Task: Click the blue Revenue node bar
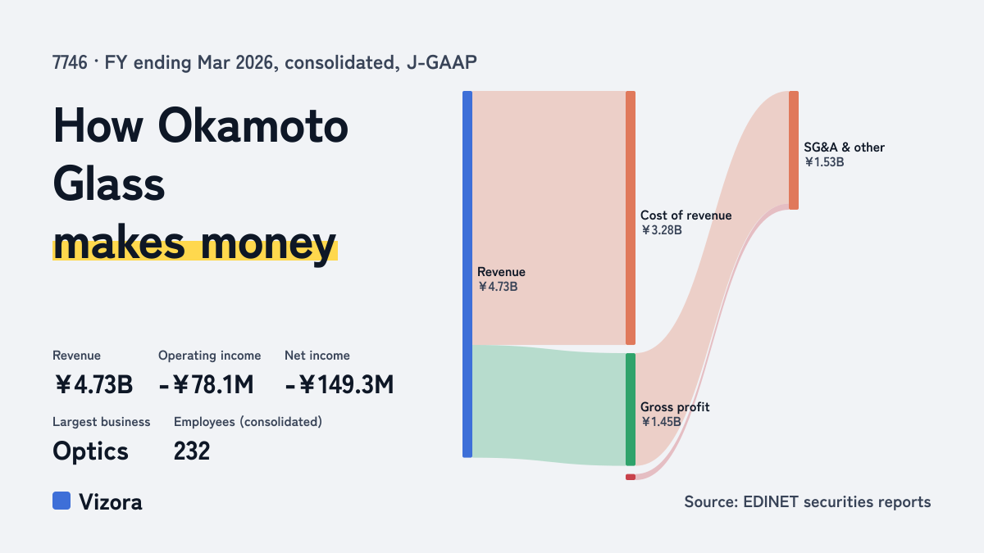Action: pos(467,274)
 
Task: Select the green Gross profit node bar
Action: pos(631,409)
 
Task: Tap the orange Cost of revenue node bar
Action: pos(631,218)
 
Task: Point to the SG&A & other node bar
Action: pos(794,150)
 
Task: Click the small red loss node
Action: pos(631,477)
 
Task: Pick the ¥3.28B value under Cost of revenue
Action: pos(662,230)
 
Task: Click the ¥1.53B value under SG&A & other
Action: pos(824,162)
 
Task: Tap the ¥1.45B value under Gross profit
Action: pos(661,422)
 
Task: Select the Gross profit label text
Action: pos(675,407)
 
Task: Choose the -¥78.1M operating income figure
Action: pos(206,385)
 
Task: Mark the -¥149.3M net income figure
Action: pos(339,385)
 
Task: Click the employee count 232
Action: pos(192,451)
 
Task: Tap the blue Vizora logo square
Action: pos(61,501)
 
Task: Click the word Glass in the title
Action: pos(108,184)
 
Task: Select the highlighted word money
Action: pos(269,244)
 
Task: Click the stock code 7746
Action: pos(70,63)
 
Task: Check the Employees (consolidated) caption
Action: pos(248,422)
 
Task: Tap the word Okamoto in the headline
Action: pos(253,126)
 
